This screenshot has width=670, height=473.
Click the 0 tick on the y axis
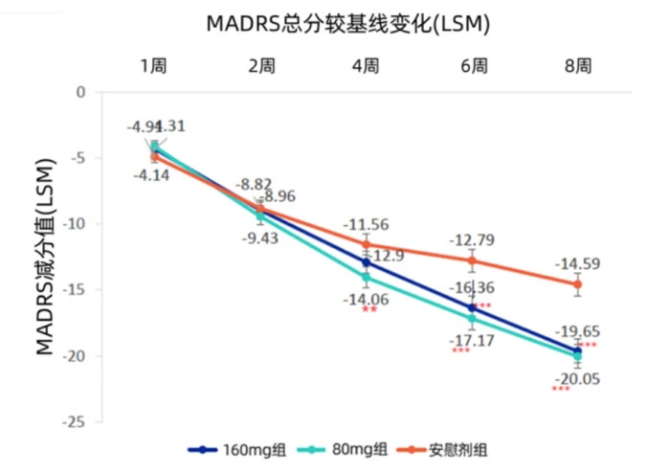click(x=81, y=93)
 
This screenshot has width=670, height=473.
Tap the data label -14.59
click(x=578, y=262)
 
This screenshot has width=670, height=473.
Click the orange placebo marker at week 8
click(x=577, y=283)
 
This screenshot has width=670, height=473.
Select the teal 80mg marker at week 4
click(x=366, y=278)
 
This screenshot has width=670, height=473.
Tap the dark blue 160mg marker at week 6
click(x=472, y=307)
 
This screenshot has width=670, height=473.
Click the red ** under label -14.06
click(x=368, y=310)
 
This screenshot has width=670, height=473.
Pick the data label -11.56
click(x=367, y=224)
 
